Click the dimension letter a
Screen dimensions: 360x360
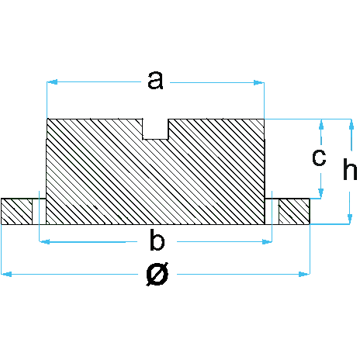[155, 81]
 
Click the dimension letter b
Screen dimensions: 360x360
[157, 240]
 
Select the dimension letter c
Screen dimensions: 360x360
[319, 157]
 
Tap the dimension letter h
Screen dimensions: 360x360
[350, 169]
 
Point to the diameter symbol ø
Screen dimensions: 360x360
[157, 274]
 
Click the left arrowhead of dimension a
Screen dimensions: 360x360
[52, 82]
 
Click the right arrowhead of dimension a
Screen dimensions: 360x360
[259, 83]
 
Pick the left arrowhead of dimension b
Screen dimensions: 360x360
[44, 242]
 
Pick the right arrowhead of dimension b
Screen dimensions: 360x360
[267, 242]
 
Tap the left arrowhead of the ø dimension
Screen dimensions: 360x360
[7, 274]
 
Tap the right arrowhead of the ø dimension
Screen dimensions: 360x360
[304, 274]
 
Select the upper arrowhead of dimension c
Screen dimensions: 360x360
[321, 124]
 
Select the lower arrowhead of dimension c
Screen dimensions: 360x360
[321, 193]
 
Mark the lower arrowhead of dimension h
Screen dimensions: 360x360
[350, 219]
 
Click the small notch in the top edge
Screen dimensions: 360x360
[155, 129]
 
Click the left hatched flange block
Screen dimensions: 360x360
[17, 211]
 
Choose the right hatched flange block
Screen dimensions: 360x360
[294, 211]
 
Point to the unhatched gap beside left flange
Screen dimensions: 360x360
[40, 211]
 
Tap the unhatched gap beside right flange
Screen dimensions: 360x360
[272, 211]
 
